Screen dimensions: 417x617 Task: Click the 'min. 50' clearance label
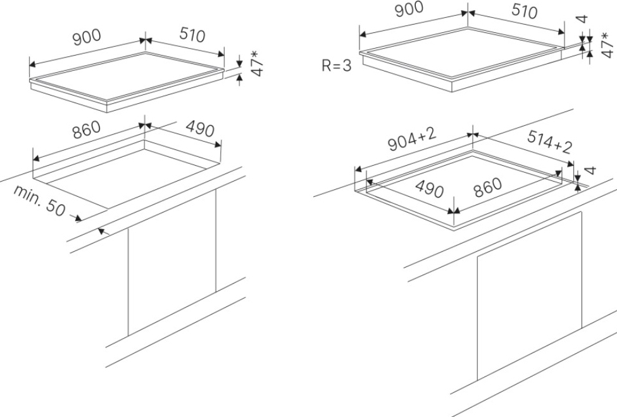click(39, 201)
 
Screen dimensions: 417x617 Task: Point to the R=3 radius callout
click(336, 66)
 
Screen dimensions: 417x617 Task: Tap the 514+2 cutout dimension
click(549, 144)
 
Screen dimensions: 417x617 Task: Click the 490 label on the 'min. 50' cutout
click(200, 130)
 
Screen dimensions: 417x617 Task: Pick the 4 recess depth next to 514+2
click(590, 170)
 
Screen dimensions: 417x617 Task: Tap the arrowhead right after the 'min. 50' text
click(78, 219)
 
